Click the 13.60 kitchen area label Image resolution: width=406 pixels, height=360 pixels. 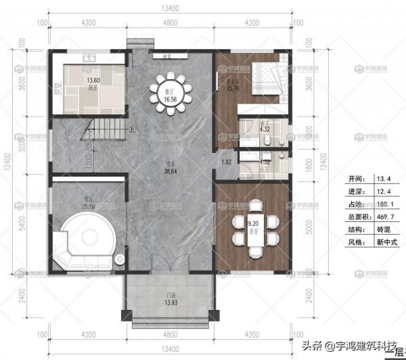[92, 83]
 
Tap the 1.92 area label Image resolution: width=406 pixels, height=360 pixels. [227, 162]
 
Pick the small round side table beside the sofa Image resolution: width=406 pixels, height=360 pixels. [120, 258]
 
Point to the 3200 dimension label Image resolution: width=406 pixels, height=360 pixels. [23, 143]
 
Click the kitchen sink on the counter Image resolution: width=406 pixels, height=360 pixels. [88, 60]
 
